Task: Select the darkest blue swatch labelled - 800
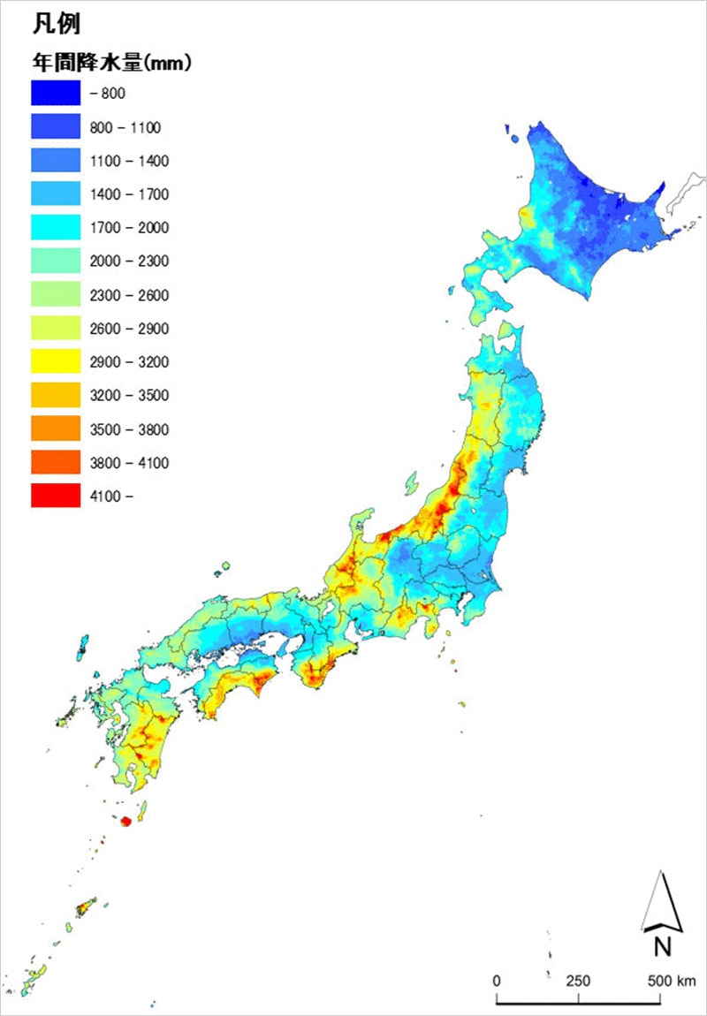(x=56, y=93)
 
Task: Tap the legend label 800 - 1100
(x=125, y=128)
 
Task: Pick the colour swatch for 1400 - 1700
(x=56, y=194)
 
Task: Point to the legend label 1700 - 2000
(x=129, y=228)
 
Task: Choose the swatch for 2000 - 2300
(x=56, y=262)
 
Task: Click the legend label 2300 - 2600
(x=129, y=295)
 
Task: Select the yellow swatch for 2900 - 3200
(x=56, y=362)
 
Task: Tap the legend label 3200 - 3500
(x=129, y=396)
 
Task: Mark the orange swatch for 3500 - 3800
(x=56, y=429)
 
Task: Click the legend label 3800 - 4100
(x=129, y=463)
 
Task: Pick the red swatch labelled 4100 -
(x=56, y=496)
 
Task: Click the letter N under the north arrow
(x=662, y=947)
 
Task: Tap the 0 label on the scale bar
(x=497, y=982)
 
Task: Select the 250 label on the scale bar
(x=578, y=982)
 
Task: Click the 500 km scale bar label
(x=671, y=982)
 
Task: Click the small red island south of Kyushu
(x=125, y=822)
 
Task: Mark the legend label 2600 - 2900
(x=129, y=329)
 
